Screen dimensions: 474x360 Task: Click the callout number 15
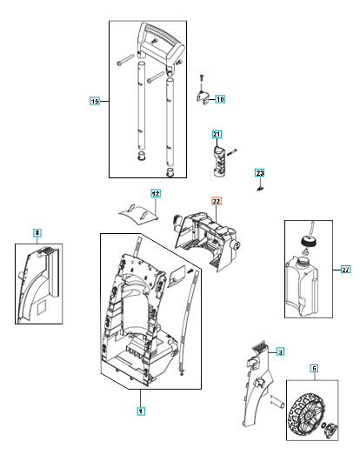[95, 101]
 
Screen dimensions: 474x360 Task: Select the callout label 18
[219, 100]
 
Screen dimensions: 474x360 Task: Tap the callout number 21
[217, 135]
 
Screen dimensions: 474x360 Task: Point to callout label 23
[259, 174]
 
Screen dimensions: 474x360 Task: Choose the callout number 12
[156, 193]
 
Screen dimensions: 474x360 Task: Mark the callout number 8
[37, 233]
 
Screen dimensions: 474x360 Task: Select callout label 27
[345, 270]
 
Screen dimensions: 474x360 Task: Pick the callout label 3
[280, 352]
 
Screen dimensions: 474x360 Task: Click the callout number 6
[314, 369]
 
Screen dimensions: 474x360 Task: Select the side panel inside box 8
[42, 287]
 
